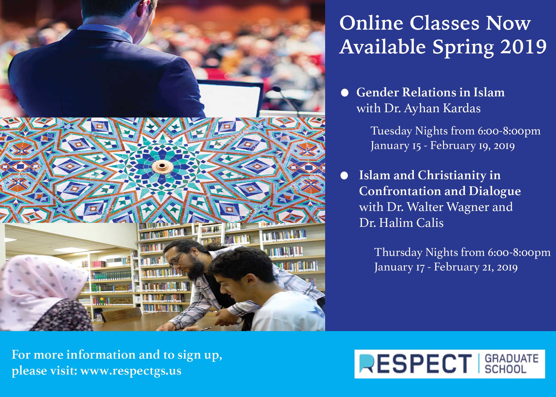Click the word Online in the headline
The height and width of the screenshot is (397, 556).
click(371, 23)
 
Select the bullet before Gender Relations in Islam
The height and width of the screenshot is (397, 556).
click(344, 93)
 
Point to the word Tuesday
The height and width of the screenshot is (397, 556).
click(391, 131)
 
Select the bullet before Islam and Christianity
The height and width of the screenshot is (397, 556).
click(344, 176)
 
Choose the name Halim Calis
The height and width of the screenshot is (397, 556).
click(411, 223)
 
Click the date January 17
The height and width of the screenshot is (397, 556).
click(399, 267)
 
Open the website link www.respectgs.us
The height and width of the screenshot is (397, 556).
click(131, 371)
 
